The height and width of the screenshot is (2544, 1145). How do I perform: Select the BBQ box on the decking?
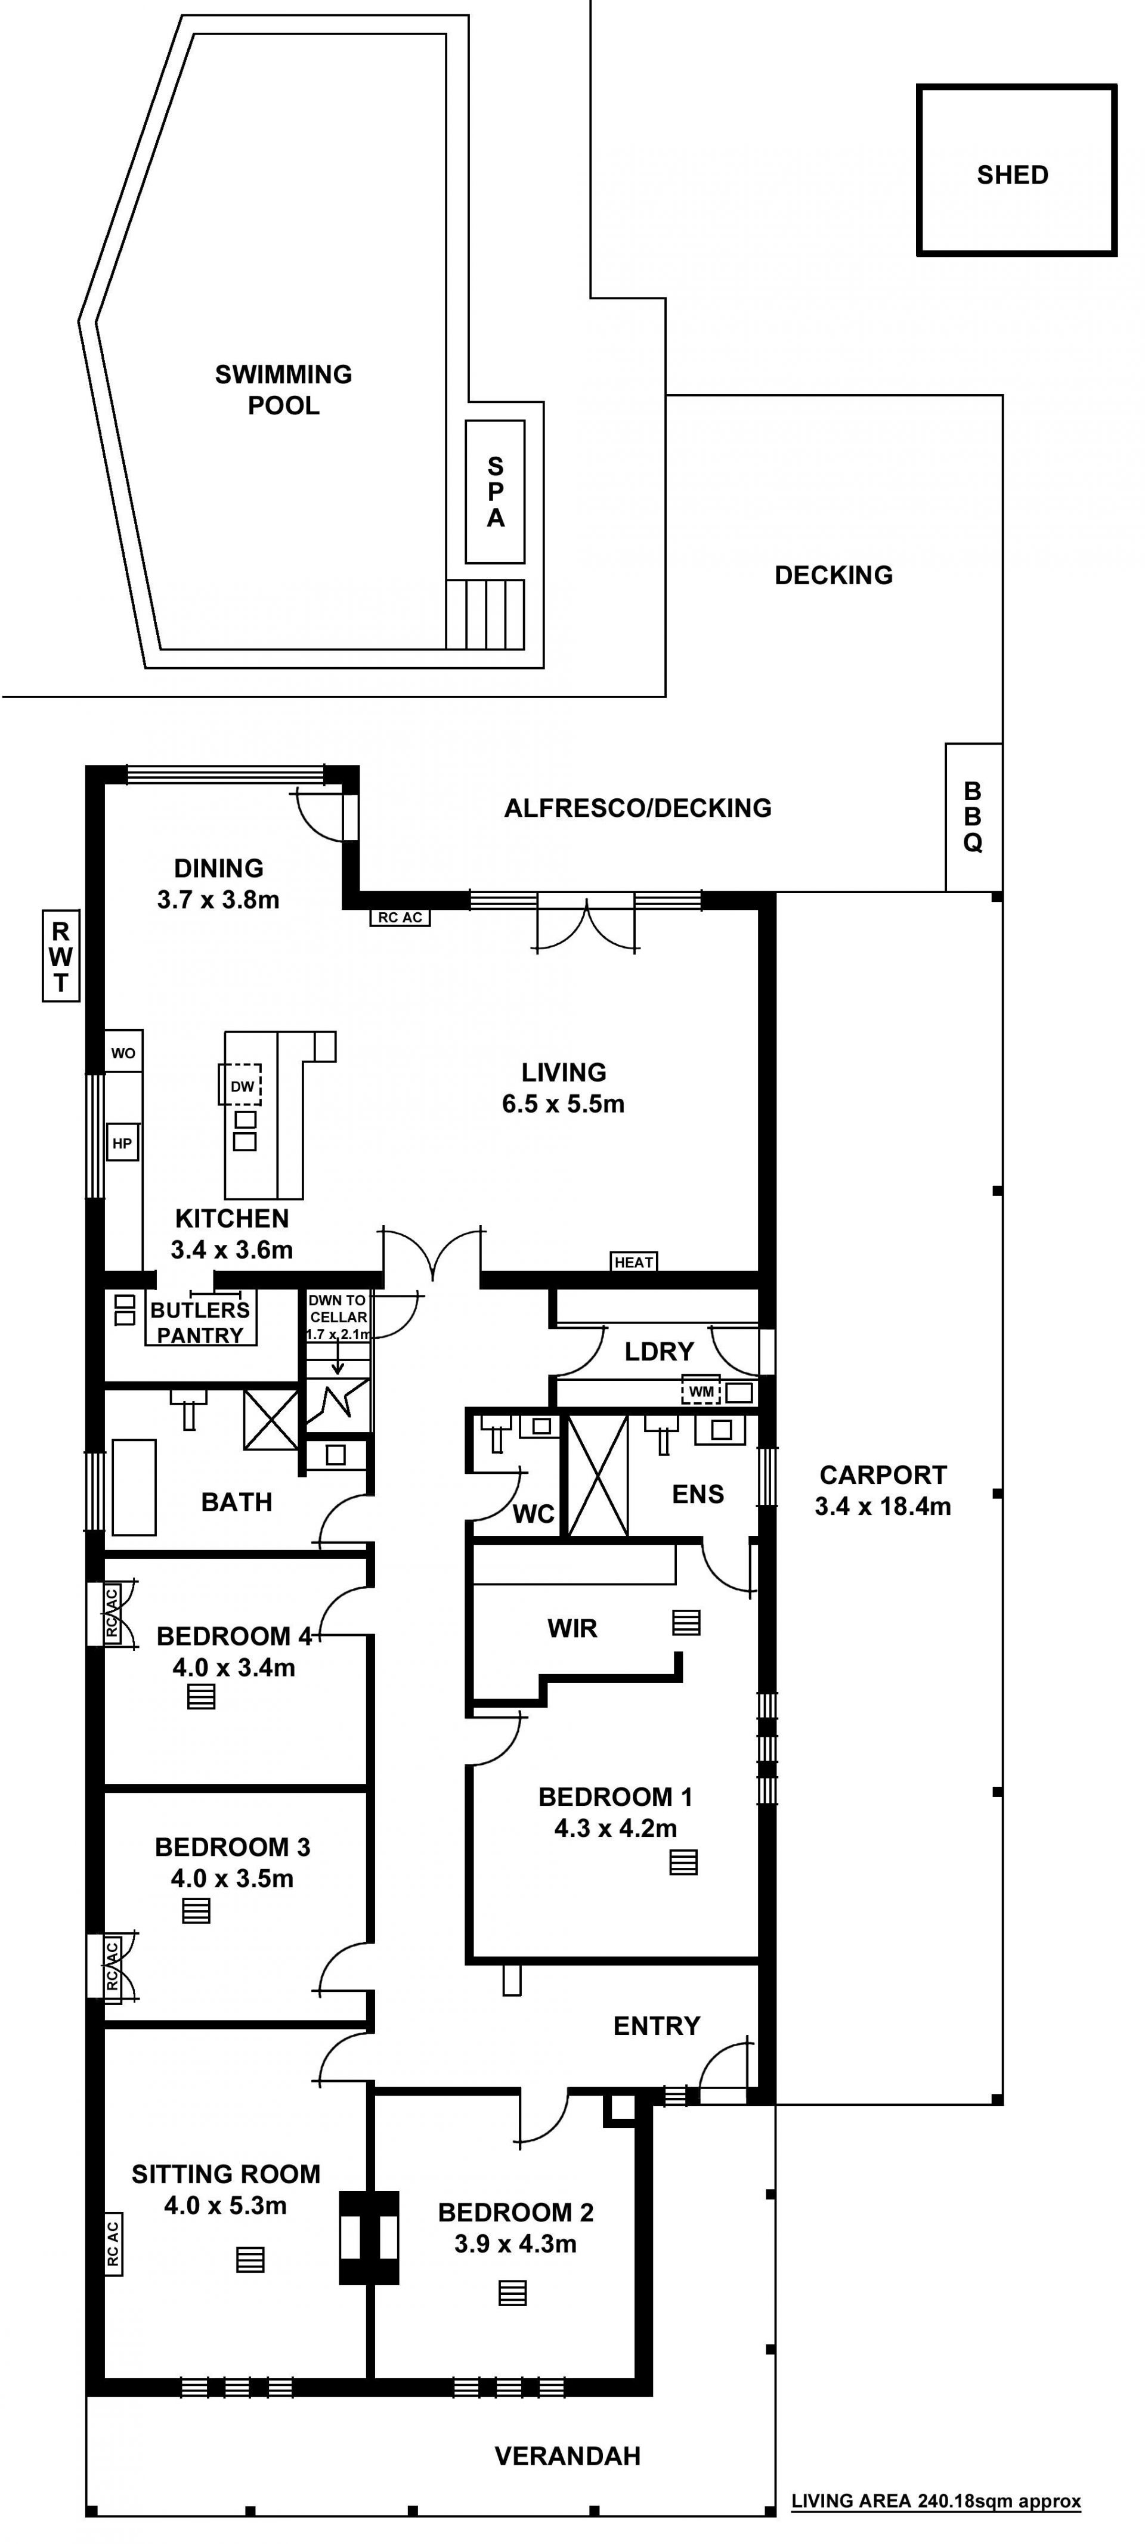pyautogui.click(x=974, y=817)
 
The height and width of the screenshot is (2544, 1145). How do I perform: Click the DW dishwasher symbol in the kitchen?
pyautogui.click(x=241, y=1084)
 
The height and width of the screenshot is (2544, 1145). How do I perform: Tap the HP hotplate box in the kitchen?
pyautogui.click(x=122, y=1144)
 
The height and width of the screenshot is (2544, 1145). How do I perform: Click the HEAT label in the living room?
pyautogui.click(x=633, y=1261)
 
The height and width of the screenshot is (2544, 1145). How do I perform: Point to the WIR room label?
pyautogui.click(x=572, y=1628)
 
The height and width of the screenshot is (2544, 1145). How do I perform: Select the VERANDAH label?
pyautogui.click(x=567, y=2455)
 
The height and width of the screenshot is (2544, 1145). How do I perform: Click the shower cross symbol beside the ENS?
pyautogui.click(x=598, y=1476)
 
